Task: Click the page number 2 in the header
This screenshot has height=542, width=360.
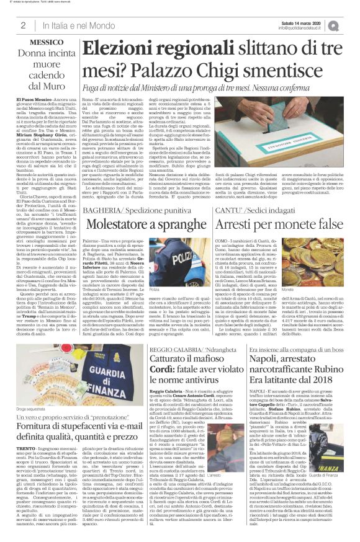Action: point(23,25)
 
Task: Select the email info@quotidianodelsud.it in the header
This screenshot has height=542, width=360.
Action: point(304,29)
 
